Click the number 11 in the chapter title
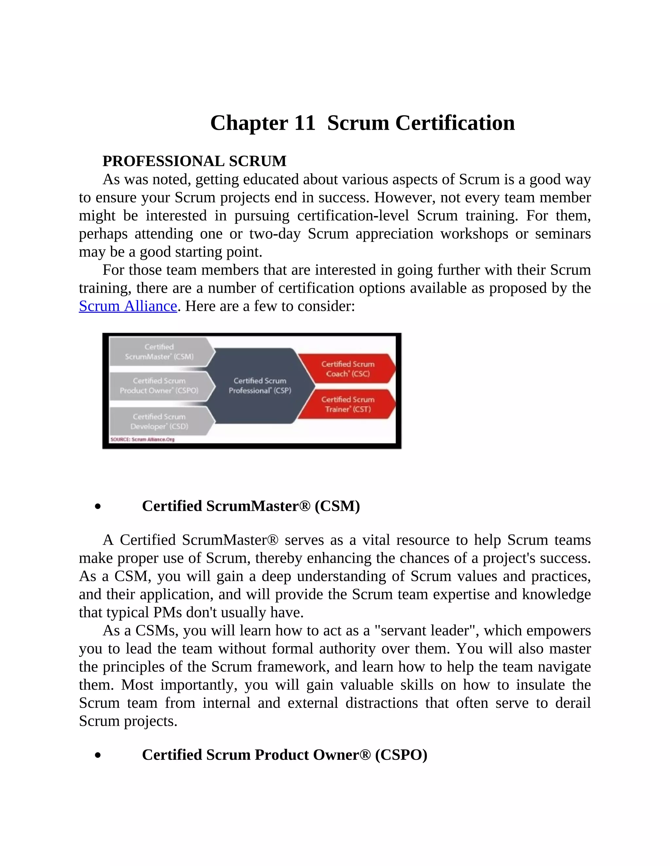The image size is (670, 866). click(x=305, y=123)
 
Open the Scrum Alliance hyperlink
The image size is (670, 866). click(x=128, y=306)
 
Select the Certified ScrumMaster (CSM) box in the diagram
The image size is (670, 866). click(x=160, y=352)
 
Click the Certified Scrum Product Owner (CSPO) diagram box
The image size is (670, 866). click(x=160, y=385)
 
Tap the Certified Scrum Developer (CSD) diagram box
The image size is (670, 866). click(x=160, y=422)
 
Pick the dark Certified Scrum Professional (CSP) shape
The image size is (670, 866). click(x=260, y=385)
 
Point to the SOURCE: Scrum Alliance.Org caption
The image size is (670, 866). click(x=142, y=439)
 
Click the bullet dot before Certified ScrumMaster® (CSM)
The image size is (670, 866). click(x=97, y=507)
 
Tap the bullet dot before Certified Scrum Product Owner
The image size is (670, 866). click(x=97, y=755)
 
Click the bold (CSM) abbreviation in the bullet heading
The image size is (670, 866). click(x=337, y=506)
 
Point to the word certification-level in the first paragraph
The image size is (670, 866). click(x=353, y=216)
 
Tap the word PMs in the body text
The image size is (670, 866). click(x=168, y=613)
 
